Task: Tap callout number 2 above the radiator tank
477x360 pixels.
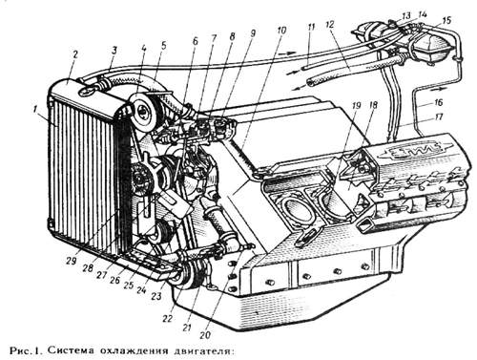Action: (x=75, y=54)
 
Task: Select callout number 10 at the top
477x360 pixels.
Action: (x=281, y=31)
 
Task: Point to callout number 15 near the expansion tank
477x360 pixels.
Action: (x=446, y=20)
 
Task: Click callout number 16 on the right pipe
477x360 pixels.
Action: (x=438, y=102)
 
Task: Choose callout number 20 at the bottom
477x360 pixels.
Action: (x=206, y=334)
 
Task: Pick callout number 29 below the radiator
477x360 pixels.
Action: (x=72, y=261)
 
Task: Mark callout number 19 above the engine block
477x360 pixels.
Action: (x=357, y=105)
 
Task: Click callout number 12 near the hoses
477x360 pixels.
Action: (x=330, y=24)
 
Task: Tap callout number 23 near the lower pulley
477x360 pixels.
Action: (x=156, y=296)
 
